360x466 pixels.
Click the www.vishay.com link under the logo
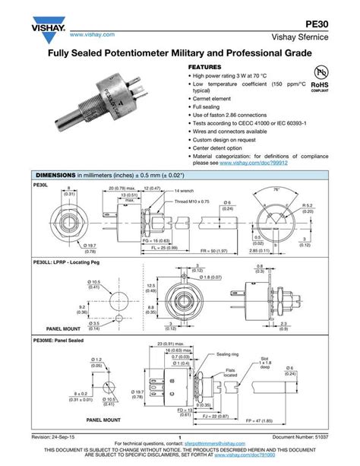coord(91,35)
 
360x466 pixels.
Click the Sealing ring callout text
coord(228,353)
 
